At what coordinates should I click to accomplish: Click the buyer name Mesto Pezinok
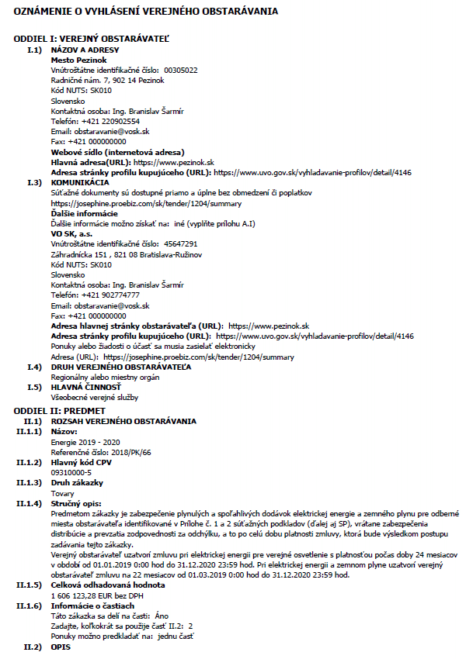[x=78, y=60]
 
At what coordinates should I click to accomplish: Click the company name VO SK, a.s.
[x=72, y=233]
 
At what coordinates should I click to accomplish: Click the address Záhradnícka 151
[x=81, y=254]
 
